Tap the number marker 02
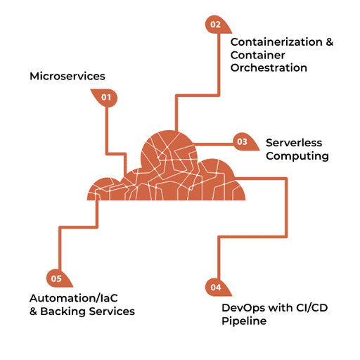pos(215,25)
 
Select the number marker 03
pos(242,141)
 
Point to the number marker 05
pos(57,279)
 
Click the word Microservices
pos(67,76)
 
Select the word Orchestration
pos(269,68)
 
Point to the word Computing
pos(297,156)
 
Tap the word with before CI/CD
pos(275,308)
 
